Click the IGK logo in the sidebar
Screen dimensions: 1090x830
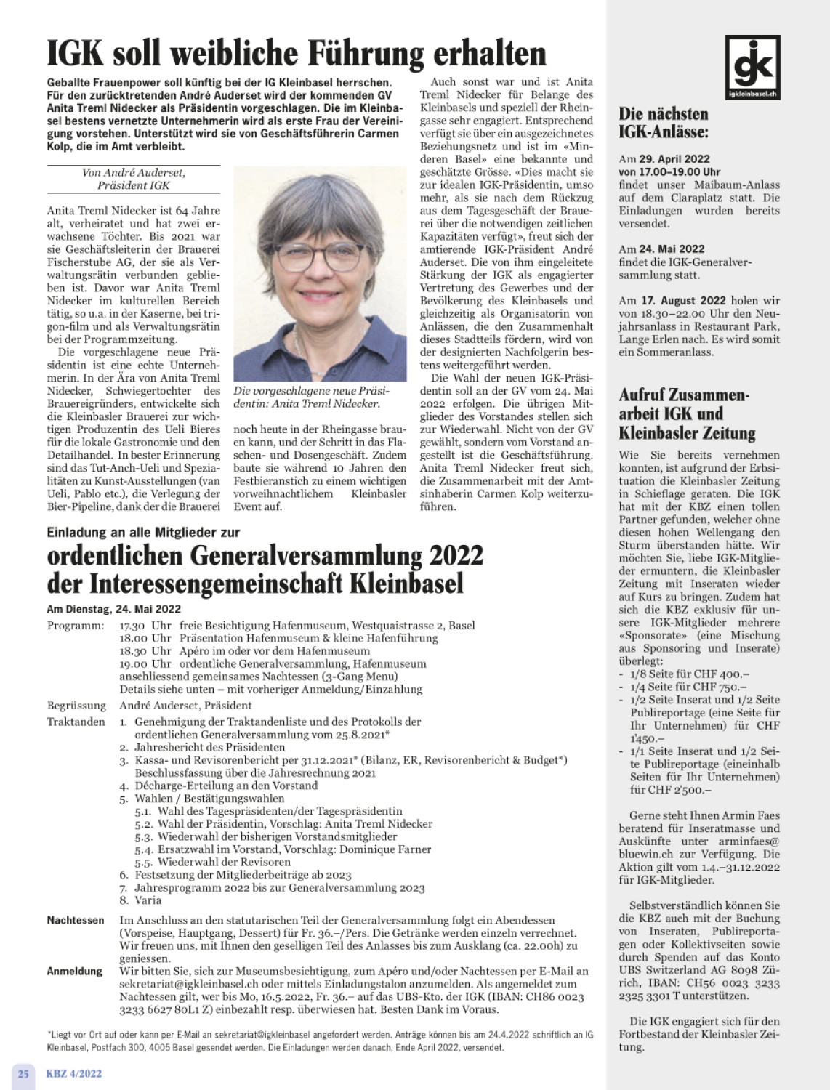(752, 68)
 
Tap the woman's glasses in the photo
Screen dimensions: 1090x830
(321, 256)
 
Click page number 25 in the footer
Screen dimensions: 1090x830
(23, 1073)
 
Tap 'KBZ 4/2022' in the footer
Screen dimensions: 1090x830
(74, 1073)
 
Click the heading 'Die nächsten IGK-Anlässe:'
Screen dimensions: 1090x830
(663, 122)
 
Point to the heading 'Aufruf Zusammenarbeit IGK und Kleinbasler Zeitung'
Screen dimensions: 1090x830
(687, 414)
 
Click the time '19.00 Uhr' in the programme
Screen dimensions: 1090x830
(145, 663)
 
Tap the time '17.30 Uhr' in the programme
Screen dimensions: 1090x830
(145, 626)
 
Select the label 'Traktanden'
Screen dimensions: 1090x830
(76, 722)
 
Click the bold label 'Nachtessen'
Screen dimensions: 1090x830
(76, 920)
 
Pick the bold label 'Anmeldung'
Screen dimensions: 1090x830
(75, 972)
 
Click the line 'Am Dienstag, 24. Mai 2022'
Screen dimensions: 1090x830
(114, 609)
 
